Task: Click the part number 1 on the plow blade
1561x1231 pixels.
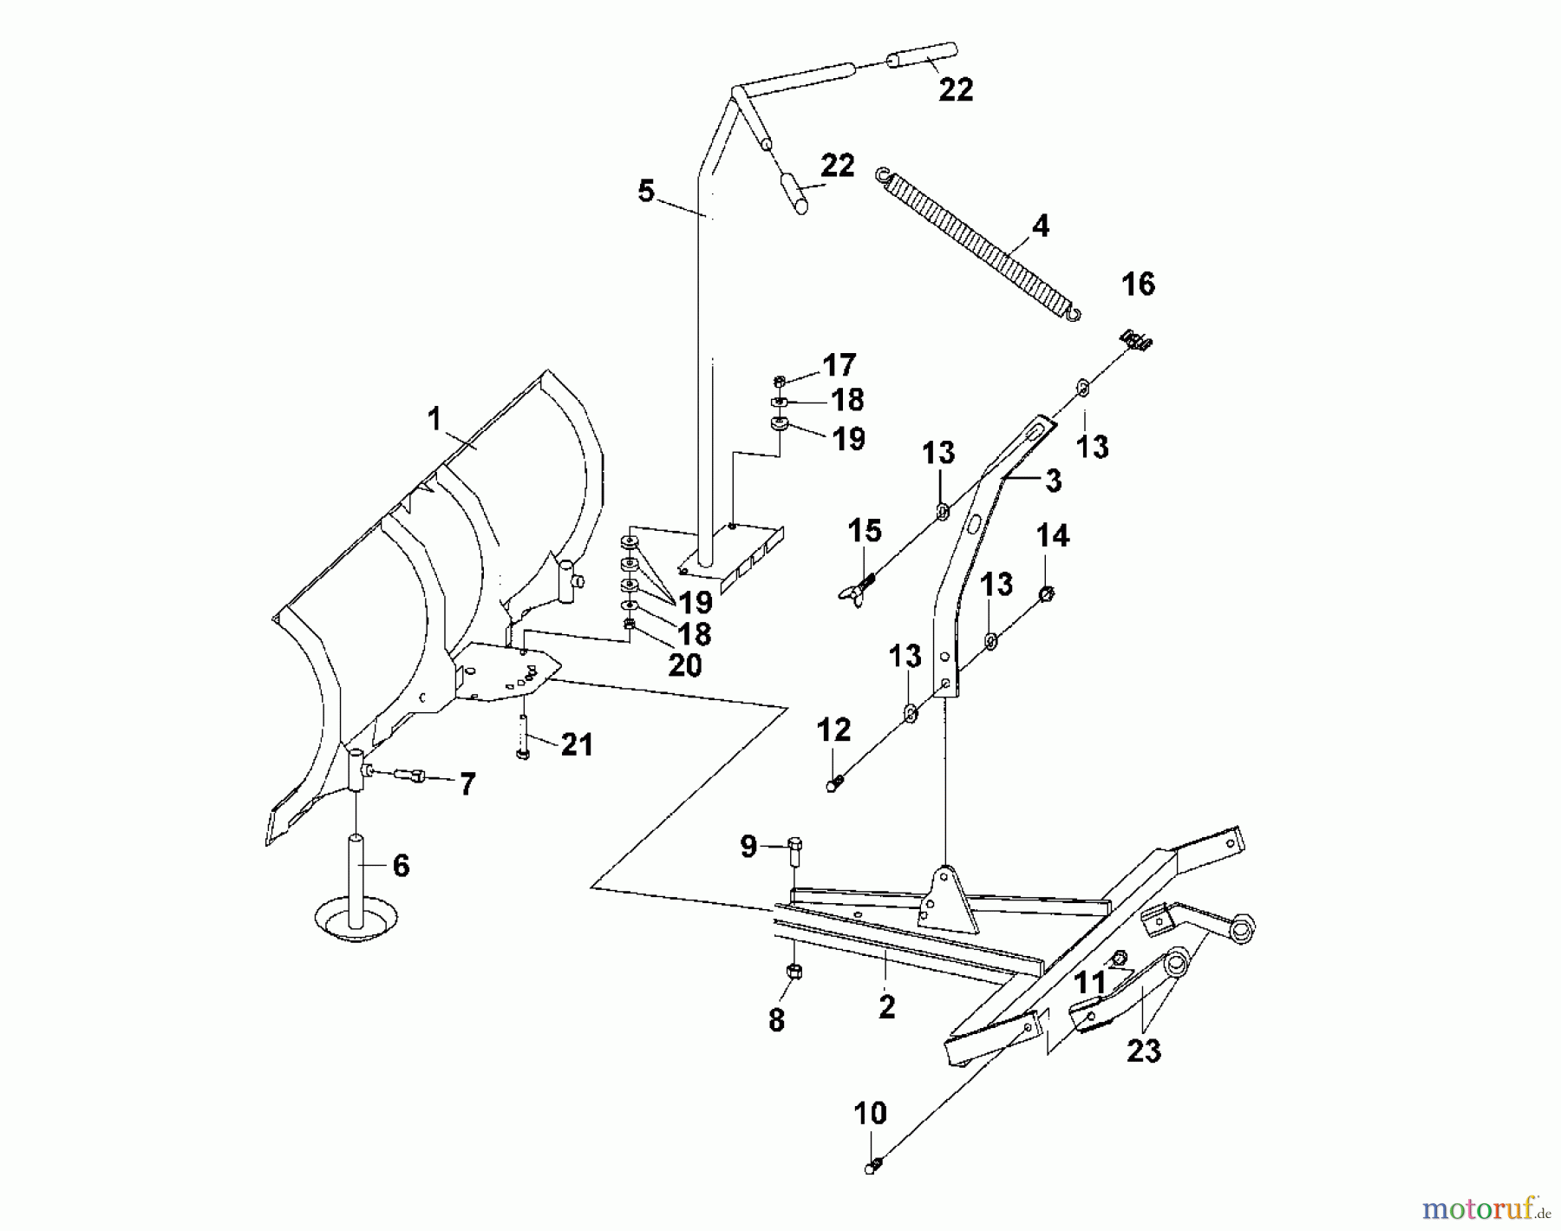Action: click(434, 421)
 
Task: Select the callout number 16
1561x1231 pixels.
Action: click(1138, 284)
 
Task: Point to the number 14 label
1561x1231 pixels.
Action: click(1052, 536)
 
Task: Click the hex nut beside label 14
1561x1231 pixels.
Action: click(1045, 593)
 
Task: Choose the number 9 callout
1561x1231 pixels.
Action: click(748, 846)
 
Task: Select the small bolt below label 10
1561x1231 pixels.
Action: click(873, 1166)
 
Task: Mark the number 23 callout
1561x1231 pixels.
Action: click(1143, 1051)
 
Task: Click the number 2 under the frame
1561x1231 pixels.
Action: click(886, 1007)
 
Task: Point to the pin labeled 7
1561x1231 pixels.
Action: click(408, 775)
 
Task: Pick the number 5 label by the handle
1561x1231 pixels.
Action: click(646, 190)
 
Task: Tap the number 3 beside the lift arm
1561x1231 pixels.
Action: click(1053, 481)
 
